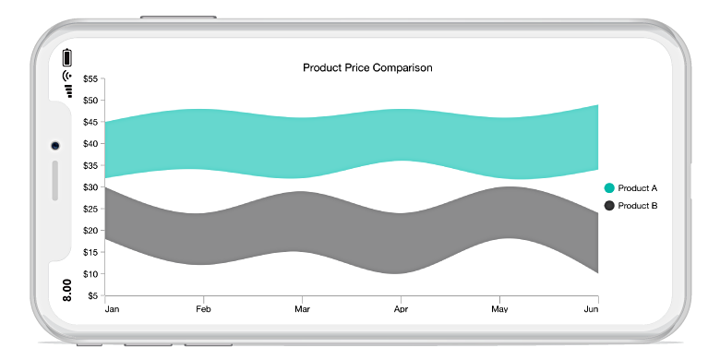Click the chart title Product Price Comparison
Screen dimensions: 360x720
click(367, 67)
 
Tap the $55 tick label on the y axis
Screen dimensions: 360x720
click(90, 79)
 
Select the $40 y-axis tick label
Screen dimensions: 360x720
click(90, 144)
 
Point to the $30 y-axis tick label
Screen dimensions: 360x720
click(90, 187)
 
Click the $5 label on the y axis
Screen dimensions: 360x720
click(93, 296)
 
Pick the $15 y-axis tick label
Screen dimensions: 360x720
click(90, 253)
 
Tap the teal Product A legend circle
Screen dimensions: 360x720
click(609, 188)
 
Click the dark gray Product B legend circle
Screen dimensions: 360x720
click(609, 206)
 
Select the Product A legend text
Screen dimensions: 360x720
click(638, 188)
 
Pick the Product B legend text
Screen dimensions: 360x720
click(638, 206)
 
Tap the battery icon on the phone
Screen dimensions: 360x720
click(66, 56)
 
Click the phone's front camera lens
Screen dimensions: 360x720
click(55, 146)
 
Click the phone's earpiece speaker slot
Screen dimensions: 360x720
click(55, 180)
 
